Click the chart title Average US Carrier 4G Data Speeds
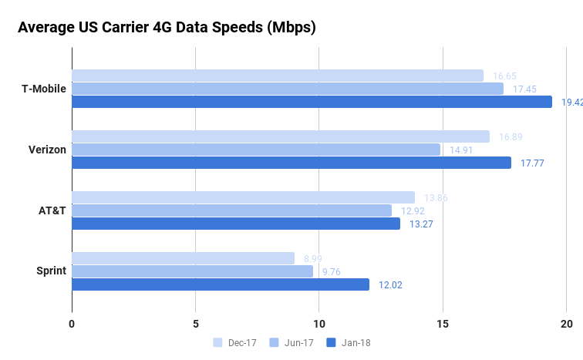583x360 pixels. pyautogui.click(x=167, y=28)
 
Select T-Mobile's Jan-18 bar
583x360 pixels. pyautogui.click(x=312, y=102)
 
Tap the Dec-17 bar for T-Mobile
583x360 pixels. pyautogui.click(x=278, y=76)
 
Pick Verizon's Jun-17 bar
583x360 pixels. pyautogui.click(x=256, y=150)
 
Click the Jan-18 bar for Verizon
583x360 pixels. pyautogui.click(x=291, y=163)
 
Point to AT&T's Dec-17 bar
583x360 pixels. pyautogui.click(x=243, y=197)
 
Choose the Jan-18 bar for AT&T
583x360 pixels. pyautogui.click(x=236, y=224)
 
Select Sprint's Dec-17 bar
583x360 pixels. pyautogui.click(x=183, y=258)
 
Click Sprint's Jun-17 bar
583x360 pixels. pyautogui.click(x=192, y=271)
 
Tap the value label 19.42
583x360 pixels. pyautogui.click(x=571, y=103)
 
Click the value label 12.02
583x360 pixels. pyautogui.click(x=390, y=285)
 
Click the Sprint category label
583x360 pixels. pyautogui.click(x=51, y=271)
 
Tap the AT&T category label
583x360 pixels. pyautogui.click(x=50, y=210)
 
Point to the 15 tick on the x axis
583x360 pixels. pyautogui.click(x=443, y=324)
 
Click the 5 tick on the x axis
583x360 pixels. pyautogui.click(x=196, y=324)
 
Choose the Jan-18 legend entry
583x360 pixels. pyautogui.click(x=349, y=342)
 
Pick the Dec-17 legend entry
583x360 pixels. pyautogui.click(x=234, y=342)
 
